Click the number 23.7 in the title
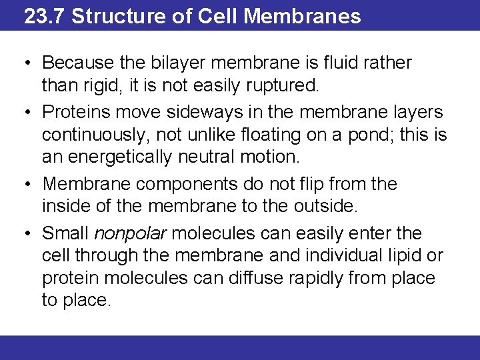pos(44,16)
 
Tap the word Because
pos(73,63)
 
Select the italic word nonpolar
pos(128,234)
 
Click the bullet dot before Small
pos(26,233)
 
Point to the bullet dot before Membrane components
pos(26,184)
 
